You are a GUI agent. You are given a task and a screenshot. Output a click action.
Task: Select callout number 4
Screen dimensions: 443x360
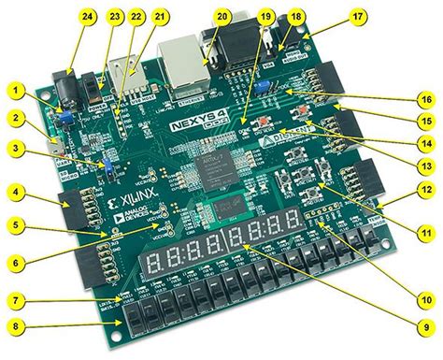click(16, 194)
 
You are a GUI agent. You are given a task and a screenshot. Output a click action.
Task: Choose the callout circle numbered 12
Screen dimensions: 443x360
click(428, 190)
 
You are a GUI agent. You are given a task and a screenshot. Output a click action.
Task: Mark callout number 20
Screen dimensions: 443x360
click(221, 16)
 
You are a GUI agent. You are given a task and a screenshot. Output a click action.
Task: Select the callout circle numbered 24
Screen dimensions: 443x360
click(64, 16)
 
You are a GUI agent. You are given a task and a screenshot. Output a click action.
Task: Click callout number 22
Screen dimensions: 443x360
click(136, 16)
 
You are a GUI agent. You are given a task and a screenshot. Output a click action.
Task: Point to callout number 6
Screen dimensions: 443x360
click(16, 264)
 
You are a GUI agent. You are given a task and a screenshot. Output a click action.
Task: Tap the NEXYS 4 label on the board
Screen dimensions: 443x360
click(193, 122)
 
